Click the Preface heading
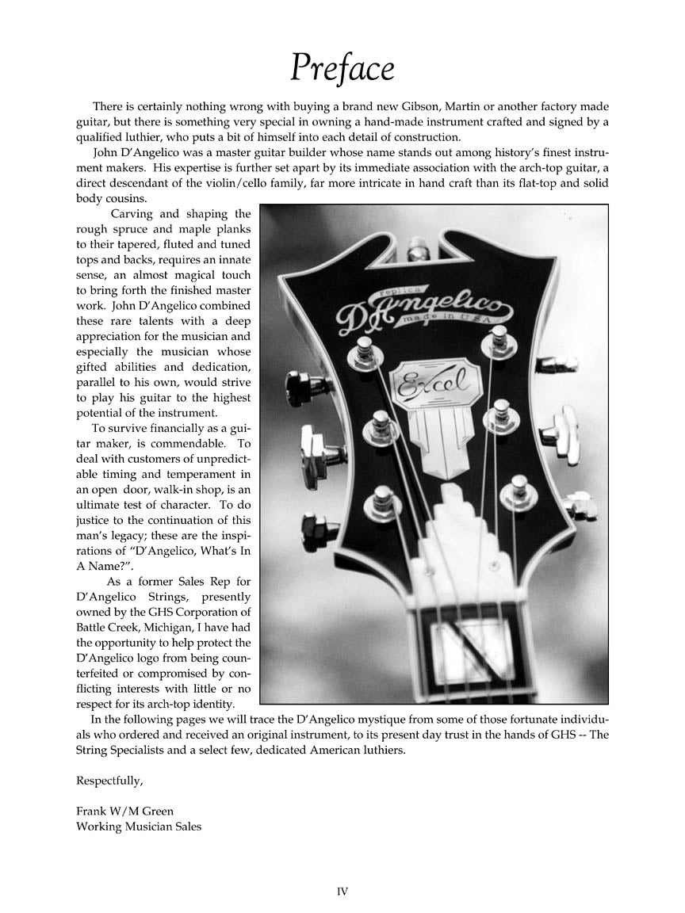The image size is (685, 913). [x=342, y=68]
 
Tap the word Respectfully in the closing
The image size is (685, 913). [x=109, y=781]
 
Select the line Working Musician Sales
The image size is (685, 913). [x=139, y=827]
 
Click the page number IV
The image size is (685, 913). [x=342, y=892]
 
